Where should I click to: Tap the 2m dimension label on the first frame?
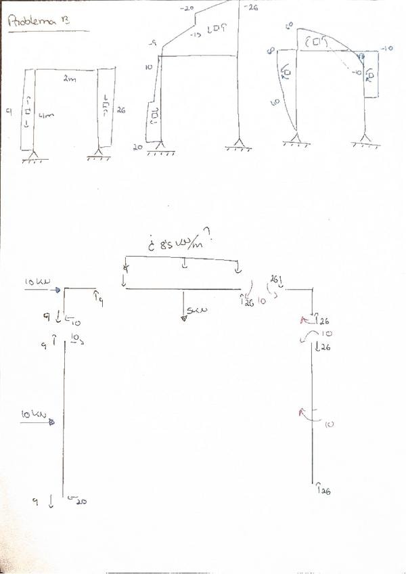pos(69,79)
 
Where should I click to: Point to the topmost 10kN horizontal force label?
pos(35,281)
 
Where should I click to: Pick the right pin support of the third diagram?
pos(367,143)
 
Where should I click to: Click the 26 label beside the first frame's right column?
pos(121,108)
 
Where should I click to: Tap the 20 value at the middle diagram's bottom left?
pos(137,146)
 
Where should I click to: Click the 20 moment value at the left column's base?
pos(82,502)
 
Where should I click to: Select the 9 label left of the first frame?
pos(8,112)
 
